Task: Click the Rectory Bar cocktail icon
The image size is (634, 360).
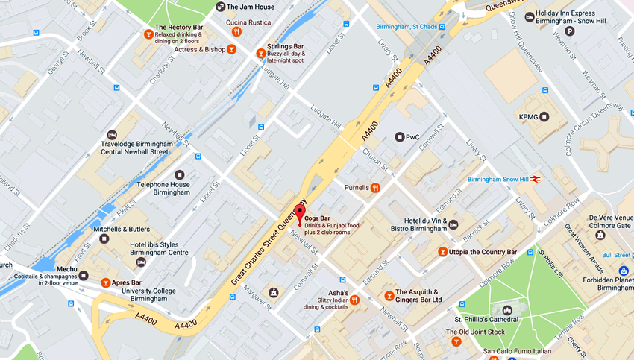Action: tap(148, 34)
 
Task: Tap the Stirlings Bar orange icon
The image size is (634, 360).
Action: tap(261, 53)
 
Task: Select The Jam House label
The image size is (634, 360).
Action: tap(250, 7)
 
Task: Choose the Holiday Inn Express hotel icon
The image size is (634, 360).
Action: tap(529, 17)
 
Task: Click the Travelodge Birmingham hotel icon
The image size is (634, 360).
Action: tap(112, 135)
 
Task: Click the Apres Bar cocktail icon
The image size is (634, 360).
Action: tap(105, 283)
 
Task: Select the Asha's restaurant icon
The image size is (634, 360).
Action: tap(355, 300)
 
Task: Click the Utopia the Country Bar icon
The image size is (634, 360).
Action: tap(442, 252)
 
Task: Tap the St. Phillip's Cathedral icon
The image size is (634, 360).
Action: tap(508, 310)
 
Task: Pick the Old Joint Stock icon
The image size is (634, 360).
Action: tap(456, 341)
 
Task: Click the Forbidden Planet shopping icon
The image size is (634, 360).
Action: tap(624, 272)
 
